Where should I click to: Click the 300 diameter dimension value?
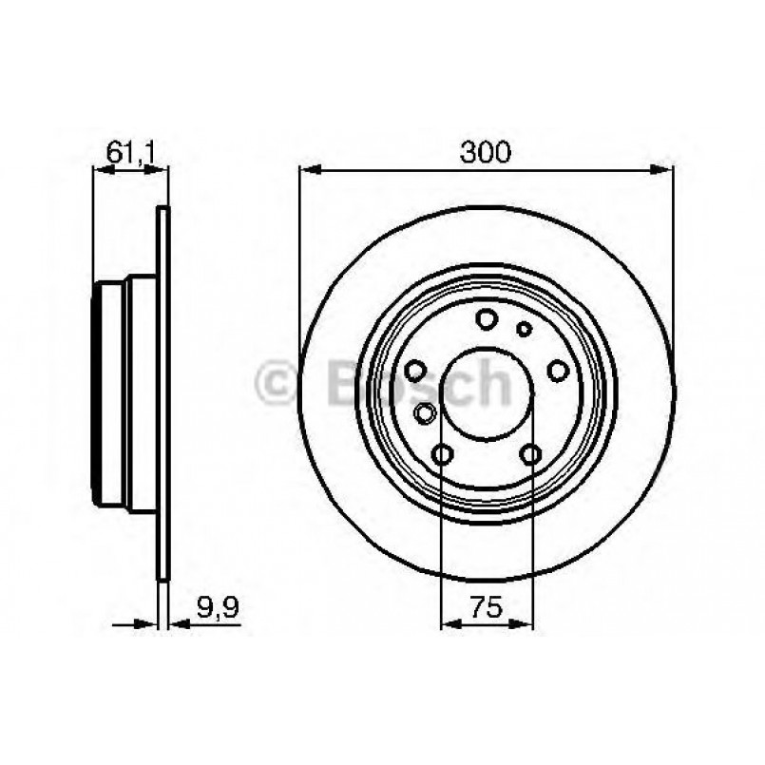click(x=486, y=151)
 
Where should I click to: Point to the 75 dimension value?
click(x=486, y=604)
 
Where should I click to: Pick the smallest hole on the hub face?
click(x=522, y=329)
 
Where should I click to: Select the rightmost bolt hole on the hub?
click(x=559, y=371)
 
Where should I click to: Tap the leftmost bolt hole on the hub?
click(x=414, y=371)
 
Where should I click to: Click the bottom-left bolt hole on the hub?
click(x=442, y=455)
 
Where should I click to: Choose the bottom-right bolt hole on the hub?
click(x=530, y=455)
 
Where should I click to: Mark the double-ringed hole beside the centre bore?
click(x=426, y=412)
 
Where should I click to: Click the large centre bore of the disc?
click(x=486, y=395)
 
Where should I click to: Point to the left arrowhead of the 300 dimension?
click(x=307, y=170)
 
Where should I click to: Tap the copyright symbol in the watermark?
click(x=276, y=384)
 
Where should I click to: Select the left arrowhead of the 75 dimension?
click(x=448, y=624)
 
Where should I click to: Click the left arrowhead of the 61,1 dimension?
click(x=99, y=170)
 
